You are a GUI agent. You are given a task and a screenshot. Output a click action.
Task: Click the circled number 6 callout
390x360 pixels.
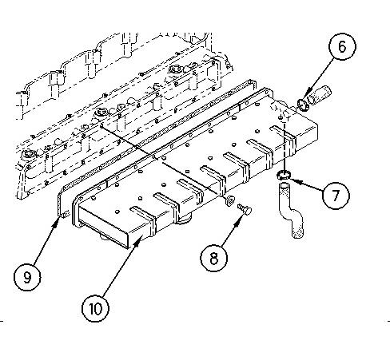coord(342,46)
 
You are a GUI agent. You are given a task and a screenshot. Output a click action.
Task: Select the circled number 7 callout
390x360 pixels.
coord(336,196)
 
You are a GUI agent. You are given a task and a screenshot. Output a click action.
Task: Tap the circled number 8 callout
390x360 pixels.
coord(214,258)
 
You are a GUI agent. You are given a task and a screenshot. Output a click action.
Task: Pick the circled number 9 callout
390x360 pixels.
coord(27,277)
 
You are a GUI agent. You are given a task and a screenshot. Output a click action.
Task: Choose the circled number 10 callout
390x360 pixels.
coord(95,309)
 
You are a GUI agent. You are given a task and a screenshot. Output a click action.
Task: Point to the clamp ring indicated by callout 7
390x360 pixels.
coord(284,175)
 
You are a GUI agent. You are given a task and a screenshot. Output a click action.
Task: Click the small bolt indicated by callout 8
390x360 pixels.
coord(245,209)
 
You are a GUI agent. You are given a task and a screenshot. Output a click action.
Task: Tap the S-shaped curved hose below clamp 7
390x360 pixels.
coord(291,210)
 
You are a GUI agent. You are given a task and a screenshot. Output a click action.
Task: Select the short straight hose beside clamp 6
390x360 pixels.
coord(320,95)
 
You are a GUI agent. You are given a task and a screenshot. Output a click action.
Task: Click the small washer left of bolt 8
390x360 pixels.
coord(229,200)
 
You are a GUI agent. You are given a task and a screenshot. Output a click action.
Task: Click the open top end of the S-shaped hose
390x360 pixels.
coord(284,185)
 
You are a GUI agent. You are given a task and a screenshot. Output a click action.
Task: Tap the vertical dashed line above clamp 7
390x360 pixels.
coord(285,146)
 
